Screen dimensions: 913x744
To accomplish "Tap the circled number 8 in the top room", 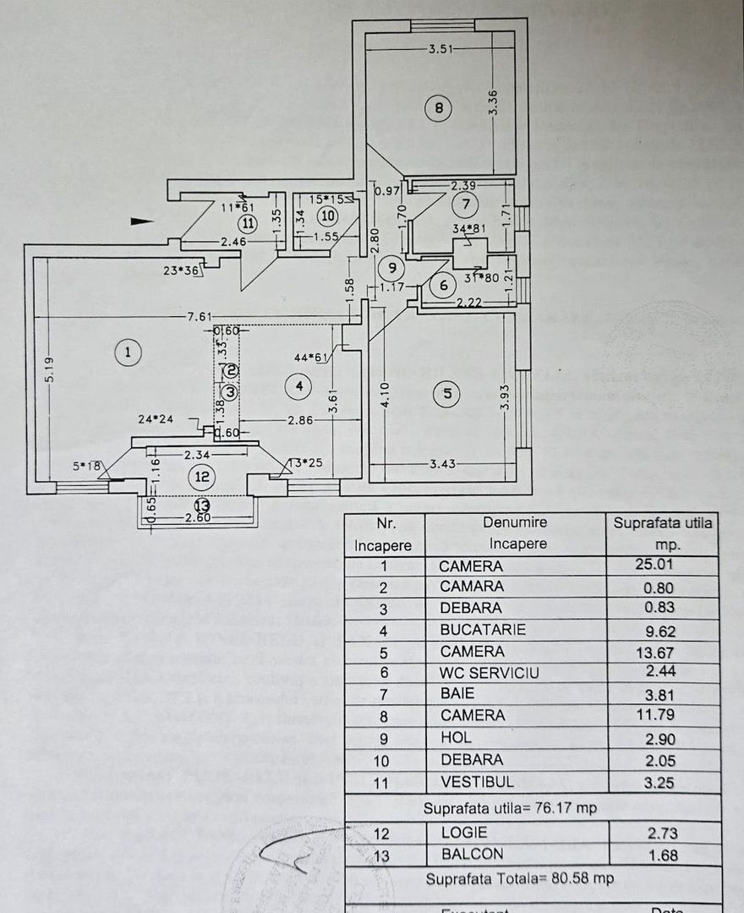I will [x=438, y=108].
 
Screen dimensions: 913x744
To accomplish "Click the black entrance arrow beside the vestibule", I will [x=142, y=221].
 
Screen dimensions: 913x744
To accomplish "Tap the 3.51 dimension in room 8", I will [x=440, y=49].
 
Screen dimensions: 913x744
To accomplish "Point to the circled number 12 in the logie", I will [x=201, y=478].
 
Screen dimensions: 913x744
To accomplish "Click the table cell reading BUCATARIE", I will [x=483, y=630].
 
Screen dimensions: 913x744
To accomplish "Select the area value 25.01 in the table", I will [x=658, y=565].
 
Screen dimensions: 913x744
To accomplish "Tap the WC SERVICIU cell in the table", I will [x=489, y=673].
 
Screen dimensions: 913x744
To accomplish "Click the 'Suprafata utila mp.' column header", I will [x=663, y=533].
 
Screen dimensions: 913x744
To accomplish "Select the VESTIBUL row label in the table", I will [x=476, y=782].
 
